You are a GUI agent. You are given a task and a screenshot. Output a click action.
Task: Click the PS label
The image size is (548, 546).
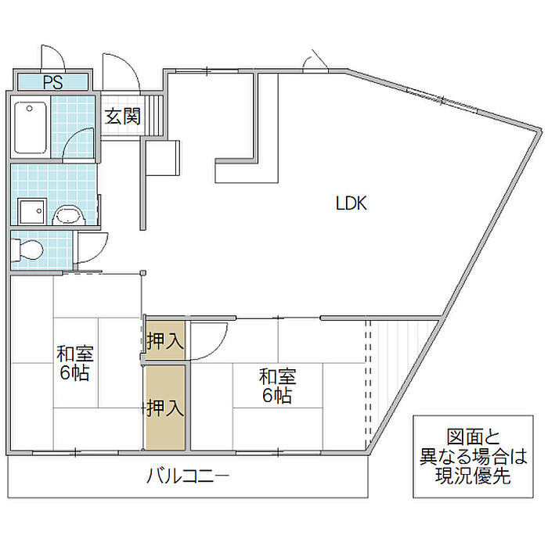click(53, 81)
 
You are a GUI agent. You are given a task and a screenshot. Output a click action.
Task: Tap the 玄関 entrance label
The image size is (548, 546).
click(123, 117)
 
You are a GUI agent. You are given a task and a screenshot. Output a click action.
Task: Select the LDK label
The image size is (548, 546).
click(352, 203)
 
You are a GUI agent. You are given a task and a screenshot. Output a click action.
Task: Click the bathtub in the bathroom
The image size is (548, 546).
click(31, 128)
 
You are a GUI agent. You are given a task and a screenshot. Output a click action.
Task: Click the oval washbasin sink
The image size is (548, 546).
click(67, 214)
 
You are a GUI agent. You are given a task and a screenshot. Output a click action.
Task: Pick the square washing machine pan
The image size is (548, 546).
click(32, 212)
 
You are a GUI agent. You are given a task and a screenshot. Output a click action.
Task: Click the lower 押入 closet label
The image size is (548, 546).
click(165, 407)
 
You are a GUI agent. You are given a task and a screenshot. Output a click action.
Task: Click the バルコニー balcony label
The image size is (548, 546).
click(187, 475)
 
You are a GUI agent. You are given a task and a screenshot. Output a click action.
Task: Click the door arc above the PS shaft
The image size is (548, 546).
click(52, 57)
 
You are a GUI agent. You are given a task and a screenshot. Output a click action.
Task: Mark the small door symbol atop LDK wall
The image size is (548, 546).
click(318, 60)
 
